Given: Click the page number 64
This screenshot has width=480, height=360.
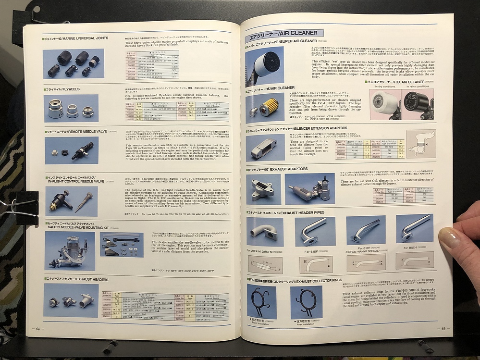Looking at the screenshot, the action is pos(37,329).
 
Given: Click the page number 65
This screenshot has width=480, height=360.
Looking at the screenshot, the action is pos(443,329).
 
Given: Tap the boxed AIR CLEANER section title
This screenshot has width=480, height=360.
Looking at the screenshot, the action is pos(284,33).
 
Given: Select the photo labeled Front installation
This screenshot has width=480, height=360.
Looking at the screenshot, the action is pos(261,302).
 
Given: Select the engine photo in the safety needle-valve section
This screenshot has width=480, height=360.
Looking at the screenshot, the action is pos(70,250).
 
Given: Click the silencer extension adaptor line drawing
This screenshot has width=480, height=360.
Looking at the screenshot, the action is pos(420,143).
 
